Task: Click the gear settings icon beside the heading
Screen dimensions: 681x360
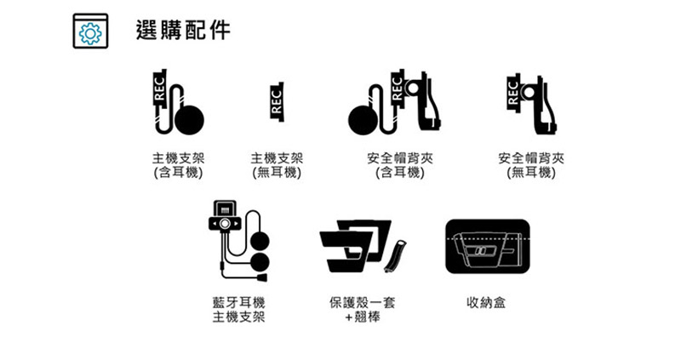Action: point(90,31)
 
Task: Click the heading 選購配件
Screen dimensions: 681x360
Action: point(183,30)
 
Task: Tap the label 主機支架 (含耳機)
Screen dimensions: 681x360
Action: point(178,165)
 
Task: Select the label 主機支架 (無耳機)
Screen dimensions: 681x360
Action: point(277,165)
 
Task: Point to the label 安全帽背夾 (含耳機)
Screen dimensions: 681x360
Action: point(400,165)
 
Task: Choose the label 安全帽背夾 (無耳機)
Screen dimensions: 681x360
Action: point(531,165)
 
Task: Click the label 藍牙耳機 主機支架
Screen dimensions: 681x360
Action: point(238,310)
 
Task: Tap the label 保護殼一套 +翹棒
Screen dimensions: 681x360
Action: point(363,310)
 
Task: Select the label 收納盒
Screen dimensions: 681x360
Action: point(486,302)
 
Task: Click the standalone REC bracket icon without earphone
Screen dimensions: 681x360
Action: point(277,102)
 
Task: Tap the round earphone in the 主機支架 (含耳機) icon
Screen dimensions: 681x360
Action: point(189,120)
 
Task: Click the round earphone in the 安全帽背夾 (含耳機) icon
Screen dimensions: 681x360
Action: point(363,120)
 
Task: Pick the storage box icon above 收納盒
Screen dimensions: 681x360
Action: point(488,246)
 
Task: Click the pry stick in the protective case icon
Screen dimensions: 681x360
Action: point(395,256)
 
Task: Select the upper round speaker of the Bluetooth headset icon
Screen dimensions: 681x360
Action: point(260,241)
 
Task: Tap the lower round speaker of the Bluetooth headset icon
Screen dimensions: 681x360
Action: point(260,262)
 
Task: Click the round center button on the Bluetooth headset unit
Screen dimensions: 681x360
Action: point(225,224)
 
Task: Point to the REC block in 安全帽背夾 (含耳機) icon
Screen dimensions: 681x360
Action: point(398,89)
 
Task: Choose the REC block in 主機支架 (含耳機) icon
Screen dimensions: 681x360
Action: point(160,89)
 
